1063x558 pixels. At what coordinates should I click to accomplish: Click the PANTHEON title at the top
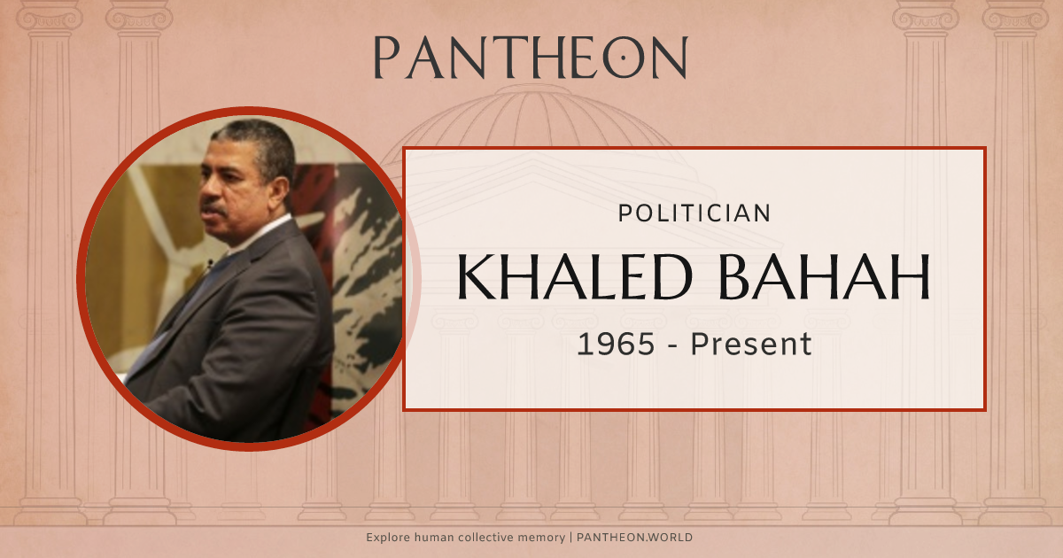[x=530, y=58]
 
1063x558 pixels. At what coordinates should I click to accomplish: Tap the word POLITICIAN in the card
[x=694, y=213]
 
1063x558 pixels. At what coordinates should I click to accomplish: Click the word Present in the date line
[x=750, y=344]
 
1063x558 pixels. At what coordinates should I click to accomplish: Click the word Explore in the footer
[x=387, y=538]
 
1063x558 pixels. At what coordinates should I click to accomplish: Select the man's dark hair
[x=257, y=142]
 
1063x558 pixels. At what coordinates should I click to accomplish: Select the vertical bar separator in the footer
[x=570, y=538]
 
